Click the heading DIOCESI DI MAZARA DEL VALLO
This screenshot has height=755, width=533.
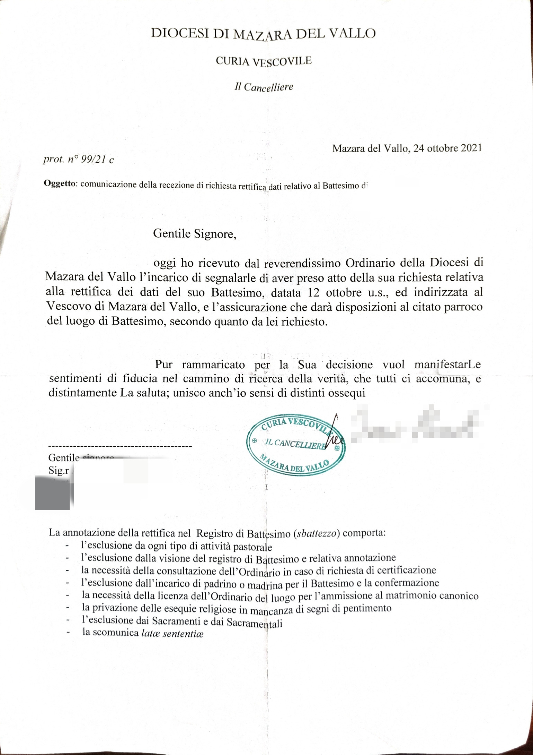263,34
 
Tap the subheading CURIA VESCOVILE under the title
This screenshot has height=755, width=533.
264,61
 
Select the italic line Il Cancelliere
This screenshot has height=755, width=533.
264,87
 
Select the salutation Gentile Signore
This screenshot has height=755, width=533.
195,233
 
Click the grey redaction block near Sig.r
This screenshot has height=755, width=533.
53,492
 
